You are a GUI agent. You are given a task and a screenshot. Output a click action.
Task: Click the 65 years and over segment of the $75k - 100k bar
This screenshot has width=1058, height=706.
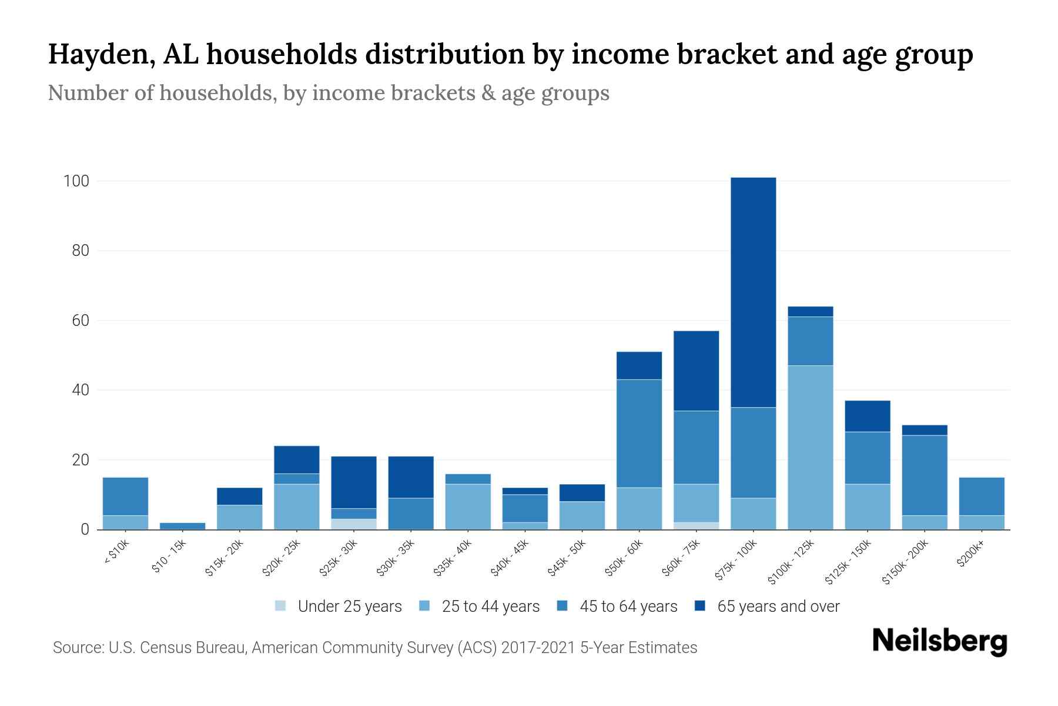[x=753, y=292]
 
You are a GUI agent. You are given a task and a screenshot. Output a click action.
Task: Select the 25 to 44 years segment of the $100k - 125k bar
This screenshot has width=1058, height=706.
[x=810, y=447]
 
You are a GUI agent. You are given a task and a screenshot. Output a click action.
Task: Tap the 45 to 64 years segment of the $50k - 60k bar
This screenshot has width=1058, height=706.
[x=639, y=434]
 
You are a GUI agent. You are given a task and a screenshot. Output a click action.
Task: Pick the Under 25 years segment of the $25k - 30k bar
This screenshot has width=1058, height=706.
[x=353, y=524]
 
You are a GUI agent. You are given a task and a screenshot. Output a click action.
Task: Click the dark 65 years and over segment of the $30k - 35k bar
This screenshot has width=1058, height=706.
[x=410, y=477]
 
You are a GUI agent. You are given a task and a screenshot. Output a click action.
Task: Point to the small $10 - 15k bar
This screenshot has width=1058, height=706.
[x=182, y=526]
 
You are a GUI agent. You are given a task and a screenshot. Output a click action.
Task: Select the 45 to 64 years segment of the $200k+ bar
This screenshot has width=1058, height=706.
[x=981, y=496]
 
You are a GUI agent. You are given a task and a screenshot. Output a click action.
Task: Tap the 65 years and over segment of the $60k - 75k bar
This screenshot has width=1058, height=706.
[x=696, y=371]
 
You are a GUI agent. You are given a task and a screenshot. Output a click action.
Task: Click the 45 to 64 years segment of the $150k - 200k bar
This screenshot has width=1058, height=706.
[x=924, y=475]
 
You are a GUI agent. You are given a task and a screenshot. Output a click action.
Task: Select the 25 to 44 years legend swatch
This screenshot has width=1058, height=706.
[x=424, y=606]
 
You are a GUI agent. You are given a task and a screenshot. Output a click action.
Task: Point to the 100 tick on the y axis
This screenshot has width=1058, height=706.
[x=76, y=181]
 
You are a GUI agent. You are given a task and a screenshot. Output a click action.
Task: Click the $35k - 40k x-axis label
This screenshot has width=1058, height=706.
[x=452, y=558]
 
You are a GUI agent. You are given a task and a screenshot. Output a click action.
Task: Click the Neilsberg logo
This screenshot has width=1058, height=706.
[x=939, y=641]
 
